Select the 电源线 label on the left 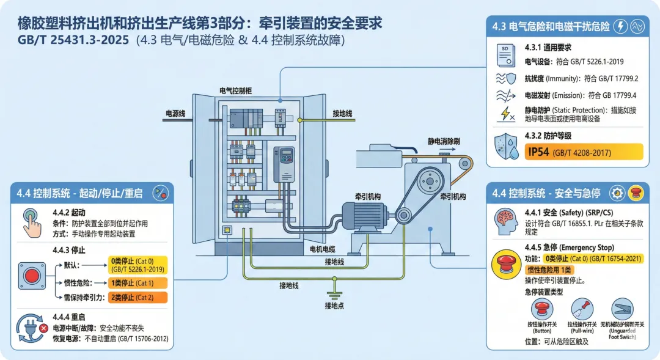tap(177, 113)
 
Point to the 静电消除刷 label tap(444, 141)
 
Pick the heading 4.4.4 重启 tap(70, 317)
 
